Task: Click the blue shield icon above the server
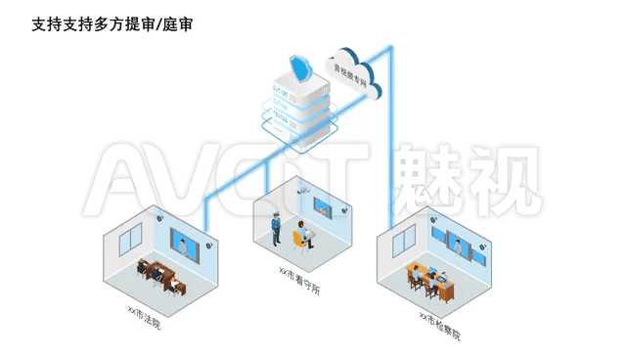coord(300,68)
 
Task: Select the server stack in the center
coord(300,110)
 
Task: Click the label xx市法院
coord(144,317)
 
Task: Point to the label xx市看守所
coord(299,281)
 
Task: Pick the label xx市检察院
coord(440,326)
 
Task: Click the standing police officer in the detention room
coord(276,228)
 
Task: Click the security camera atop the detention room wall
coord(303,190)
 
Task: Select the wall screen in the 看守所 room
coord(323,208)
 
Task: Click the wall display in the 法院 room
coord(185,246)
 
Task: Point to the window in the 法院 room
coord(130,239)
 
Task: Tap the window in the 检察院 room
coord(404,241)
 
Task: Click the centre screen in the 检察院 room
coord(459,245)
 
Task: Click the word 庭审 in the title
coord(177,24)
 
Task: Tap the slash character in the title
coord(158,24)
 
